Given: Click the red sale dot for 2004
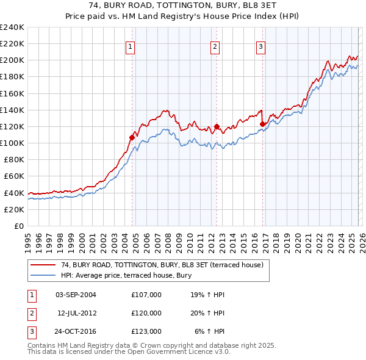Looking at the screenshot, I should [x=132, y=137].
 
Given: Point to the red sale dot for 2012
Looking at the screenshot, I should [x=216, y=127].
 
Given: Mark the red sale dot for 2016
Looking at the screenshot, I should [x=263, y=124].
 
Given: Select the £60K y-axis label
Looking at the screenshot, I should [x=13, y=176].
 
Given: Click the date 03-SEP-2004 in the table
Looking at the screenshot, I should [x=76, y=295].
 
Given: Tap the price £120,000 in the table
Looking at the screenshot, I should [x=146, y=313].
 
